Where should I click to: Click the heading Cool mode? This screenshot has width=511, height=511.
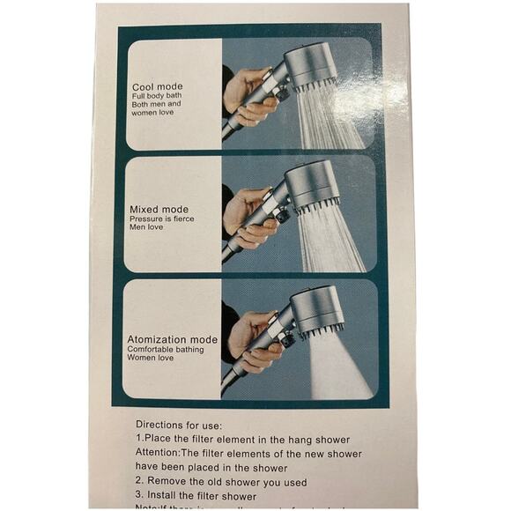(158, 86)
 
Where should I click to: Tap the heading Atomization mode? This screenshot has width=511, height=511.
(173, 339)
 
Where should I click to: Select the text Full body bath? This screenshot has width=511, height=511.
(158, 96)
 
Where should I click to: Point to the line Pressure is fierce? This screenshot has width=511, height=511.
(161, 218)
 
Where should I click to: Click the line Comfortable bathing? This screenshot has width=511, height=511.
(166, 349)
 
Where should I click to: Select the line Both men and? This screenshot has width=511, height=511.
(157, 105)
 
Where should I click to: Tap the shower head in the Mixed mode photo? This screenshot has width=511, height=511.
(311, 185)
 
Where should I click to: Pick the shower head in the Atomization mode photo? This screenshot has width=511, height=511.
(315, 308)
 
